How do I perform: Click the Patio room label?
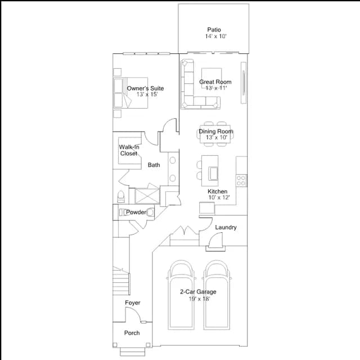[x=214, y=30]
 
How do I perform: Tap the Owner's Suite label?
[x=145, y=88]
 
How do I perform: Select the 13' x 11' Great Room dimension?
[x=216, y=88]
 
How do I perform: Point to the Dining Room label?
[x=216, y=131]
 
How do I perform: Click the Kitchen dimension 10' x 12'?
[x=219, y=197]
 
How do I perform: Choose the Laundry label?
[x=226, y=227]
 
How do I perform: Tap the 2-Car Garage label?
[x=198, y=292]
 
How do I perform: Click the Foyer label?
[x=133, y=303]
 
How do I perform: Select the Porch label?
[x=132, y=333]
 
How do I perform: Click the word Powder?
[x=136, y=212]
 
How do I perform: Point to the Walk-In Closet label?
[x=129, y=150]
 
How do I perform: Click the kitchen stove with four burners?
[x=241, y=181]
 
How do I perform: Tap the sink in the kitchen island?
[x=213, y=174]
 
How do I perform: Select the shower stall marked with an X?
[x=147, y=196]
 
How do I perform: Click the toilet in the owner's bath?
[x=121, y=197]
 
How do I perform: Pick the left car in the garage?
[x=181, y=295]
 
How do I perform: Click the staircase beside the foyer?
[x=121, y=281]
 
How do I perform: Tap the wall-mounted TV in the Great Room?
[x=244, y=83]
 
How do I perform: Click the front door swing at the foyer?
[x=133, y=314]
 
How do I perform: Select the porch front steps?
[x=133, y=352]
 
